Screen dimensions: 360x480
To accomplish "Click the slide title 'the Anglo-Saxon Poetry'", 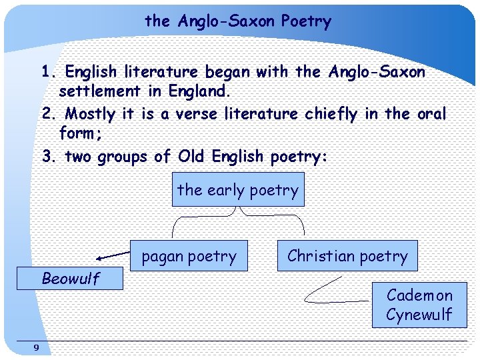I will click(x=238, y=21).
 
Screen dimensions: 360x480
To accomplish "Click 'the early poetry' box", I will click(x=238, y=190).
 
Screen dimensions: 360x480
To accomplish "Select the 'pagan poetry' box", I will click(x=189, y=256).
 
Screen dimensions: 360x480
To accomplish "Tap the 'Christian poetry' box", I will click(x=347, y=256).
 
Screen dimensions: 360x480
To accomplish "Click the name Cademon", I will click(x=419, y=295).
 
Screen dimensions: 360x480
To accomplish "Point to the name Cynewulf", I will click(x=419, y=315).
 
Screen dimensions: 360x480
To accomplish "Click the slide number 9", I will click(x=36, y=347).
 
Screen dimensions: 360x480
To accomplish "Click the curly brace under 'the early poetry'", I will click(x=239, y=215).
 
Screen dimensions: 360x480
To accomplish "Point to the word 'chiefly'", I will click(x=331, y=114).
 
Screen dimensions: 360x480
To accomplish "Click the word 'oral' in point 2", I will click(x=431, y=114).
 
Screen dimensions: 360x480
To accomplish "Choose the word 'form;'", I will click(x=81, y=133).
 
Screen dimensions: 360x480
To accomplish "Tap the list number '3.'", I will click(x=48, y=157).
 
